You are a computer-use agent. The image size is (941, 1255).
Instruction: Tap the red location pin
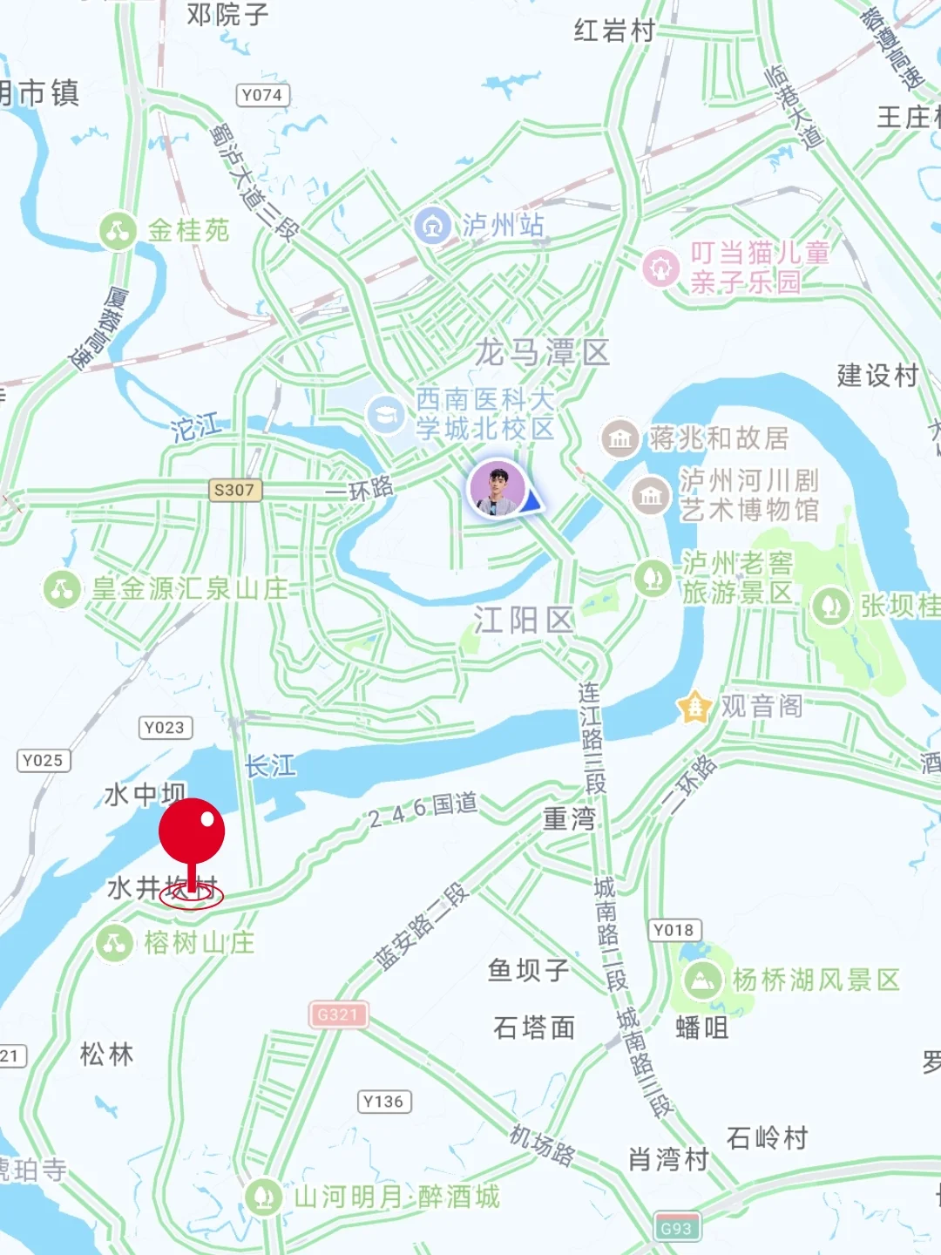[192, 832]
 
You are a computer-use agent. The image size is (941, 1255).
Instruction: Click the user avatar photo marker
[498, 489]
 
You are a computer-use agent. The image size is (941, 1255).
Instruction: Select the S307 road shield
[234, 490]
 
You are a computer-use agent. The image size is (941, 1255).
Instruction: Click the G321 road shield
[338, 1014]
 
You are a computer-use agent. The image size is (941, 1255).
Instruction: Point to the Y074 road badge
[262, 95]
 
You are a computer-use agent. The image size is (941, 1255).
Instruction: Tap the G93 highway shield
[676, 1229]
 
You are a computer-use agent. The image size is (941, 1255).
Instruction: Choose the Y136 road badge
[383, 1102]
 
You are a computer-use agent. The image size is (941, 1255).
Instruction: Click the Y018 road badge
[674, 930]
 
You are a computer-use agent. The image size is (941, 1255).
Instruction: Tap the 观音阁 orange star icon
[694, 706]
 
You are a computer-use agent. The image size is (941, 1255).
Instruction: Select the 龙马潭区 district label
[542, 353]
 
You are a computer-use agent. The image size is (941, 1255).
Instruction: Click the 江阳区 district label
[524, 621]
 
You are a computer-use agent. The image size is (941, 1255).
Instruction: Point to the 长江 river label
[270, 766]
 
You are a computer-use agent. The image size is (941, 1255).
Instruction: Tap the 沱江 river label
[196, 427]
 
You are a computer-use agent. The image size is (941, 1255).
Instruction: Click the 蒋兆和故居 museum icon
[619, 438]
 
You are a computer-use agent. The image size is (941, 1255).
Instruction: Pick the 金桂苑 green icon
[118, 231]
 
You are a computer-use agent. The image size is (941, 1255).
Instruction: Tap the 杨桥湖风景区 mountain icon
[701, 980]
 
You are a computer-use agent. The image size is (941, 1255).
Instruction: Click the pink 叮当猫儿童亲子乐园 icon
[660, 268]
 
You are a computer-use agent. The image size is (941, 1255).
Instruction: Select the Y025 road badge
[43, 760]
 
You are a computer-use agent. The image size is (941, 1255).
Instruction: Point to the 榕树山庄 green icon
[114, 943]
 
